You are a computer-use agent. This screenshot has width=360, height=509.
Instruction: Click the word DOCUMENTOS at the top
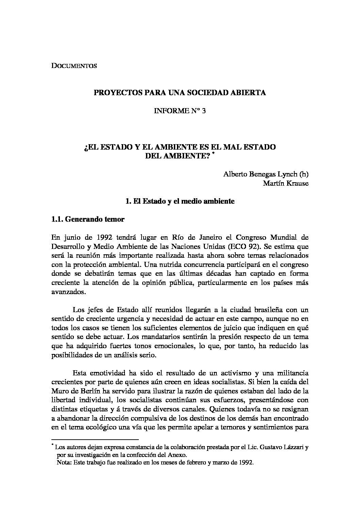tap(74, 66)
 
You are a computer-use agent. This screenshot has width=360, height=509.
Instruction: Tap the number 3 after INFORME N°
tap(203, 111)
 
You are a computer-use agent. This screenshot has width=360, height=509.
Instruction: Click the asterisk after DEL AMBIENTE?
tap(213, 154)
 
